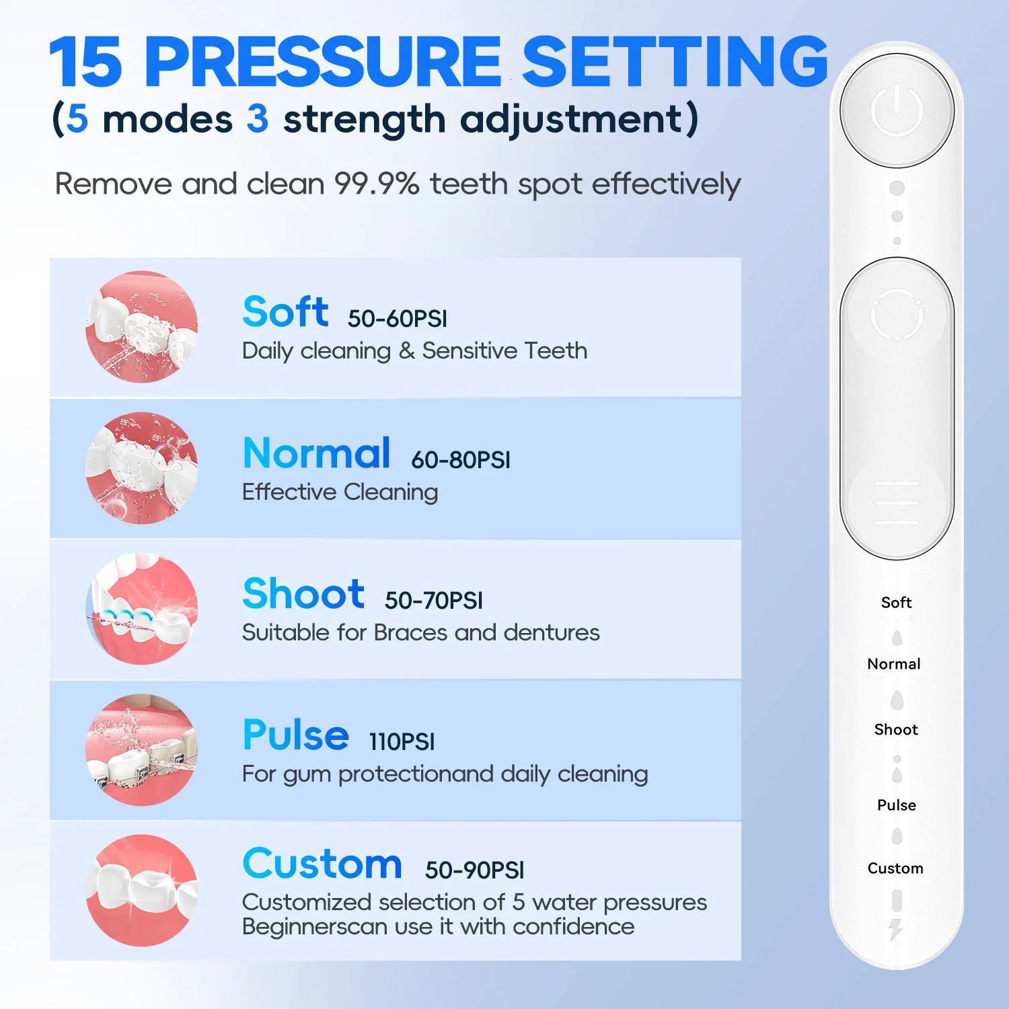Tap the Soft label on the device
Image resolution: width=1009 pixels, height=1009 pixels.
tap(896, 603)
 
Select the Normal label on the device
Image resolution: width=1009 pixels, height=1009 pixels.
tap(894, 665)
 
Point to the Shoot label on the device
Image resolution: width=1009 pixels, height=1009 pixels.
tap(895, 730)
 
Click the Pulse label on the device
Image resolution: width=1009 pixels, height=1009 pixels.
tap(896, 805)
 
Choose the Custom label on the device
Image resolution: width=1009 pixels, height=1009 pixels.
tap(895, 868)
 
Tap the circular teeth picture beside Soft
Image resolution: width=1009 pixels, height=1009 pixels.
tap(142, 328)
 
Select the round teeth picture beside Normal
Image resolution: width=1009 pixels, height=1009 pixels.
tap(142, 468)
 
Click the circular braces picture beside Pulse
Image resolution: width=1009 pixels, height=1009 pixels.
tap(142, 750)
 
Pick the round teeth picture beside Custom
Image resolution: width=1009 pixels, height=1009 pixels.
tap(142, 891)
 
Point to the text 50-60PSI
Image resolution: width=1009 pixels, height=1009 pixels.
tap(397, 319)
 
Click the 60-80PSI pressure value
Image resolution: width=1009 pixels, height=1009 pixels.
tap(461, 460)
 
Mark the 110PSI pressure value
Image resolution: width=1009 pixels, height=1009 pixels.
tap(402, 742)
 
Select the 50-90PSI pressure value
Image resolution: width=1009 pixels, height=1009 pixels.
tap(474, 870)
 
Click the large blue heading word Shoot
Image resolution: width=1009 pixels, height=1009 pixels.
tap(303, 594)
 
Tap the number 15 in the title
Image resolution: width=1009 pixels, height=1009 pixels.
tap(85, 63)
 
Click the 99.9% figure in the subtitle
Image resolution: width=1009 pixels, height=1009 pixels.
tap(377, 184)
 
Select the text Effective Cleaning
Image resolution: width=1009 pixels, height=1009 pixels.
tap(340, 492)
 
